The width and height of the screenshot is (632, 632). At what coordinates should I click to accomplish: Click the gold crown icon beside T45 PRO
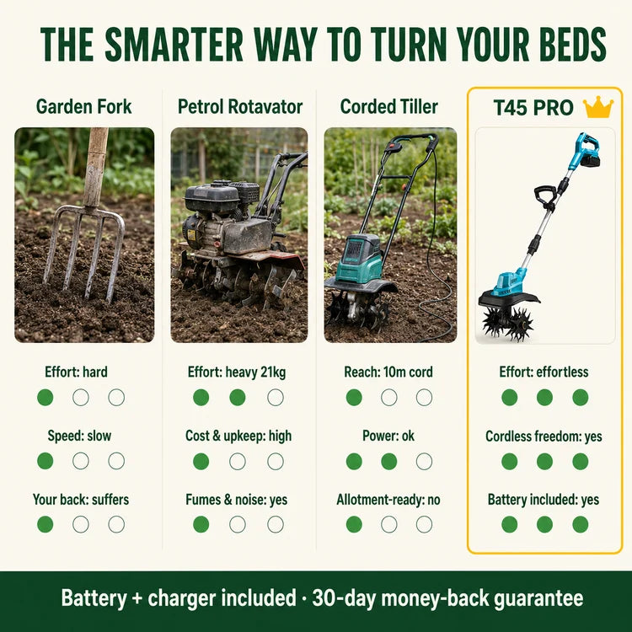coord(598,107)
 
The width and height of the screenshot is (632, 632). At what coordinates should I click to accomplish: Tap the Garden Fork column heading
coord(83,107)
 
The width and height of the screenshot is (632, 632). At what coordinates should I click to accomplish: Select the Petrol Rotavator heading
coord(240,107)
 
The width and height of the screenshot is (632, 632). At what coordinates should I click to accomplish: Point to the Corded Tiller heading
coord(389,107)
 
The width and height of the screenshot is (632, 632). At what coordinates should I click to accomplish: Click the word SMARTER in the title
coord(174,45)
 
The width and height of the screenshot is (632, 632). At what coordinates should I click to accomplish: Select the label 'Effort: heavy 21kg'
coord(237,372)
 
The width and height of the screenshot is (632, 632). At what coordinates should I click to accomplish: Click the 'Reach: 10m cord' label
coord(388,372)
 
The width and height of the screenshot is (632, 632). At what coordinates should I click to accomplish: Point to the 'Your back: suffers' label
coord(81,500)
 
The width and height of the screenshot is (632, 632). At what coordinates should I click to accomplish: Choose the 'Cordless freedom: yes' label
coord(544,437)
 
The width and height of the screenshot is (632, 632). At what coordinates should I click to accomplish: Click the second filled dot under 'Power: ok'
coord(389,462)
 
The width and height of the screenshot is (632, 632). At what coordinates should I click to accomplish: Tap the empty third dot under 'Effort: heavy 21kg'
coord(276,398)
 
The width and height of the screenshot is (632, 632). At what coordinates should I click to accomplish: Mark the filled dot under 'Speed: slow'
coord(46,461)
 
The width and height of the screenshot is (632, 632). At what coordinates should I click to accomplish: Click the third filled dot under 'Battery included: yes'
coord(581,524)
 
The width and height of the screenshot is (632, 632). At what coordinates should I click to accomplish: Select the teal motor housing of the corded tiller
coord(359,258)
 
